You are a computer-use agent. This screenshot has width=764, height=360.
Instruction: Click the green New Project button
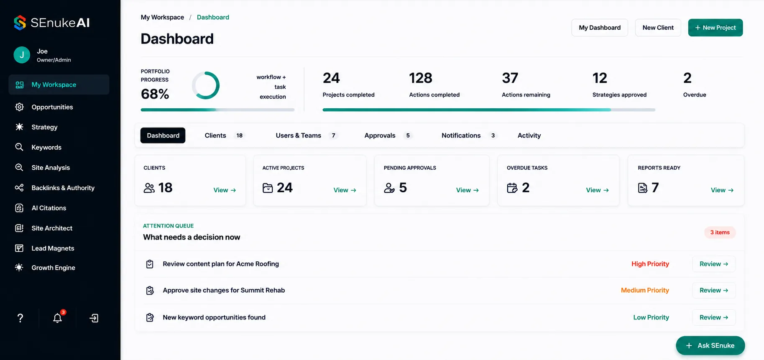715,28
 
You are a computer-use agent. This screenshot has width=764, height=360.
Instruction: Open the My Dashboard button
600,28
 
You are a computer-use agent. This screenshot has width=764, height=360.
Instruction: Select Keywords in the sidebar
46,147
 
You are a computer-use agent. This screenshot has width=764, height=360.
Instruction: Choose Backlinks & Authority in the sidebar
63,188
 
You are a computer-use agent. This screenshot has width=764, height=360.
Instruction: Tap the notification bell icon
58,318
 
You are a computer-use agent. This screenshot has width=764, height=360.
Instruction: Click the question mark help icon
20,318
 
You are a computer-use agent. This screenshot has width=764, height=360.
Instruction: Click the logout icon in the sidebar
94,318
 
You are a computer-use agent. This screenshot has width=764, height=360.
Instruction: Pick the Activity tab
529,135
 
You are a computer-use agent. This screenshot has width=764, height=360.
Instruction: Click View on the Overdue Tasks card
597,190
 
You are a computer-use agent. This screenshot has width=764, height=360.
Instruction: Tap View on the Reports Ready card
722,190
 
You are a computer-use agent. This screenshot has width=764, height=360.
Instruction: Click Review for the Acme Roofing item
714,264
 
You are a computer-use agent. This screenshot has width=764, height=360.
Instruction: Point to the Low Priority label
651,317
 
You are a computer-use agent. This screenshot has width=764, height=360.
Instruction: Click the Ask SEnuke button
710,345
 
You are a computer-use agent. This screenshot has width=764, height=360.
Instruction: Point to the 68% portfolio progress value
155,94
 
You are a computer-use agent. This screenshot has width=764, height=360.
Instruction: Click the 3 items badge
720,232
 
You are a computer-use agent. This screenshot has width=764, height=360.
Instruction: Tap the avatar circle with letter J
22,55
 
